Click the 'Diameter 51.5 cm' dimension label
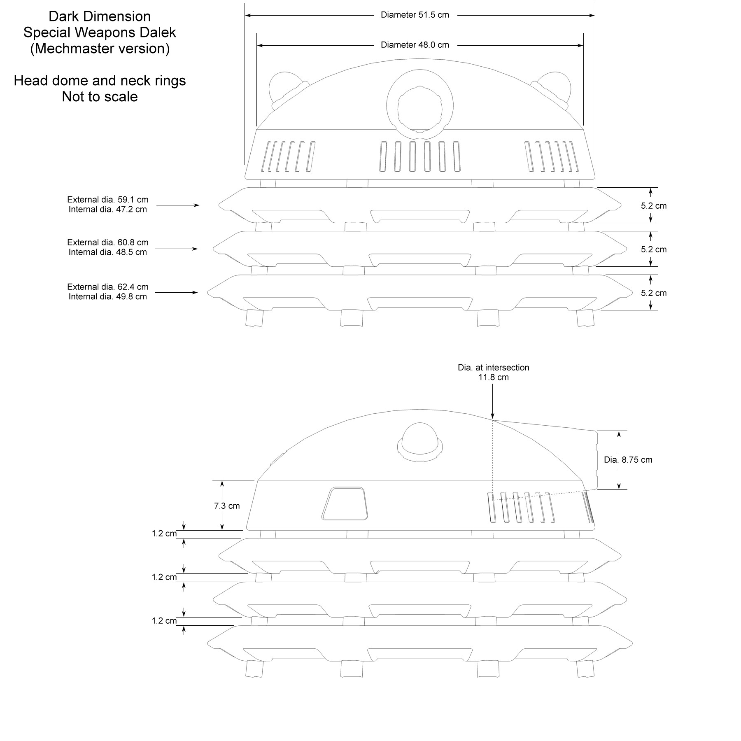pyautogui.click(x=415, y=15)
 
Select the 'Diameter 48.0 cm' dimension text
pyautogui.click(x=415, y=45)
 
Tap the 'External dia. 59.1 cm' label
pyautogui.click(x=107, y=200)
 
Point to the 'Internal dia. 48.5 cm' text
pyautogui.click(x=107, y=252)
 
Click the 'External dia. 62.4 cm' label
pyautogui.click(x=107, y=287)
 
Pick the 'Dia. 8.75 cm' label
pyautogui.click(x=628, y=460)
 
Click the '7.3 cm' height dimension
pyautogui.click(x=226, y=506)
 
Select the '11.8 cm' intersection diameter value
pyautogui.click(x=493, y=377)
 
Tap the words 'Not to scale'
pyautogui.click(x=100, y=97)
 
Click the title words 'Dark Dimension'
pyautogui.click(x=100, y=16)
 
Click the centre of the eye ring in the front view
pyautogui.click(x=419, y=109)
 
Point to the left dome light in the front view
pyautogui.click(x=284, y=89)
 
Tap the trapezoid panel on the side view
pyautogui.click(x=345, y=504)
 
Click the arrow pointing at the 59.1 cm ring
pyautogui.click(x=178, y=205)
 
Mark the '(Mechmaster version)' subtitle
pyautogui.click(x=100, y=49)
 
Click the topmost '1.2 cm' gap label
pyautogui.click(x=164, y=534)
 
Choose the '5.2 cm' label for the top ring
pyautogui.click(x=653, y=206)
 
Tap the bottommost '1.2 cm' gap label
pyautogui.click(x=164, y=621)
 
